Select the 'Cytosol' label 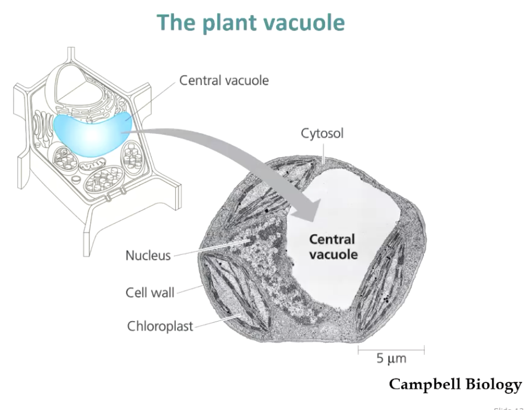tap(322, 134)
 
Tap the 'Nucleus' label tap(148, 256)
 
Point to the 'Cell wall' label tap(150, 292)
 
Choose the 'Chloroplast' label tap(160, 327)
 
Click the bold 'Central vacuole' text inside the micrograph tap(333, 246)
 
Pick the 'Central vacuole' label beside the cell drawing tap(223, 80)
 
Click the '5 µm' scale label tap(391, 358)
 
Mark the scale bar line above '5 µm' tap(391, 347)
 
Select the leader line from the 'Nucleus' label tap(207, 248)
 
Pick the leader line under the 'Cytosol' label tap(324, 152)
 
